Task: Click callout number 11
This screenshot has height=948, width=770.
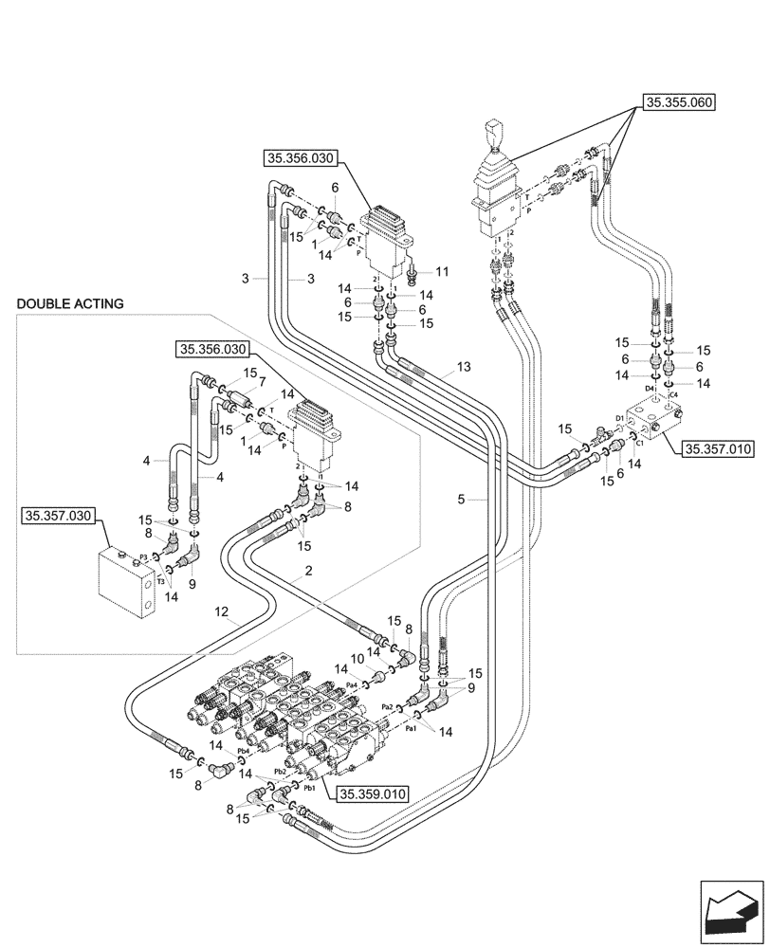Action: [x=442, y=271]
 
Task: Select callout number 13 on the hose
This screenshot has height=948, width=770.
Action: [x=463, y=367]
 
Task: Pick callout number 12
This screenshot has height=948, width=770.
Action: [x=221, y=613]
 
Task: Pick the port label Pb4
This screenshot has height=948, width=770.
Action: [x=243, y=751]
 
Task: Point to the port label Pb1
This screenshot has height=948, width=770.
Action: [x=309, y=789]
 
